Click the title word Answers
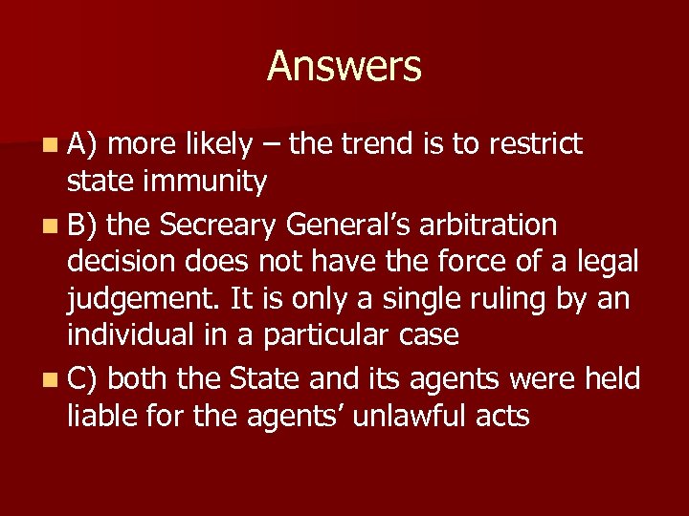344,67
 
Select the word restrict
535,145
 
